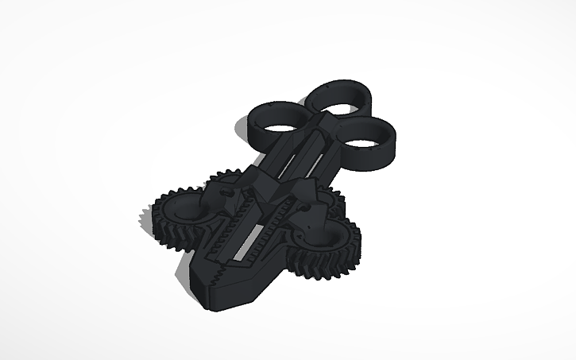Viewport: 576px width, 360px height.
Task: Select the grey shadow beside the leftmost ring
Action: [240, 127]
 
